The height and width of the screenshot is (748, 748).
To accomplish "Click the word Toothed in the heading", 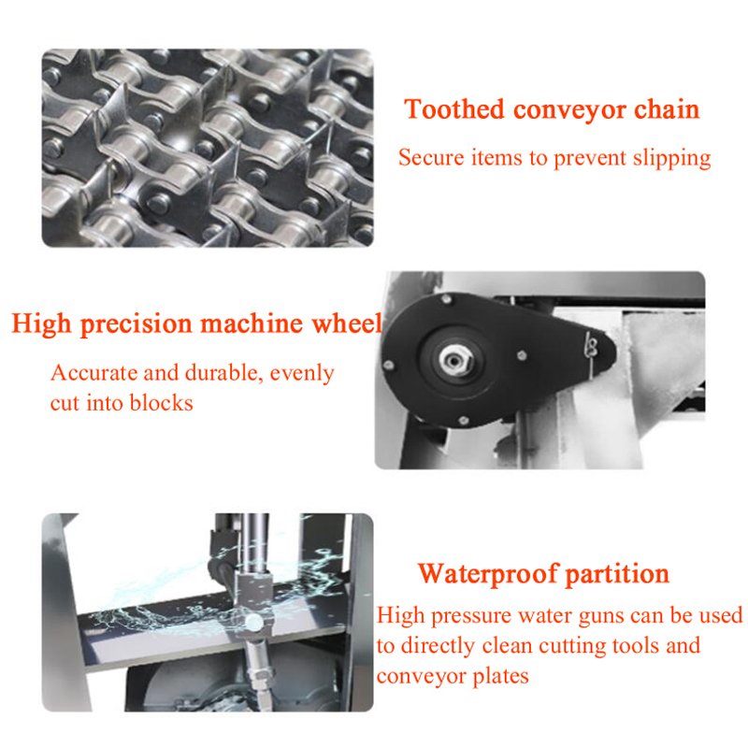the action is (x=454, y=109).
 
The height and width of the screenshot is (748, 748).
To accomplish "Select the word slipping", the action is (x=671, y=158).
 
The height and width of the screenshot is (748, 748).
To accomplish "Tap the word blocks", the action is (x=161, y=403).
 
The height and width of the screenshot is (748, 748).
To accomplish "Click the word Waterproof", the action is (x=488, y=574).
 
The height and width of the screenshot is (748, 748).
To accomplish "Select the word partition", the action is (x=617, y=574).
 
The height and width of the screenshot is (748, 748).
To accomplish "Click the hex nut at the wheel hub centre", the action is (x=451, y=361).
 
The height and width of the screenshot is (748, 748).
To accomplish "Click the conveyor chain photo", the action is (x=208, y=148).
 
